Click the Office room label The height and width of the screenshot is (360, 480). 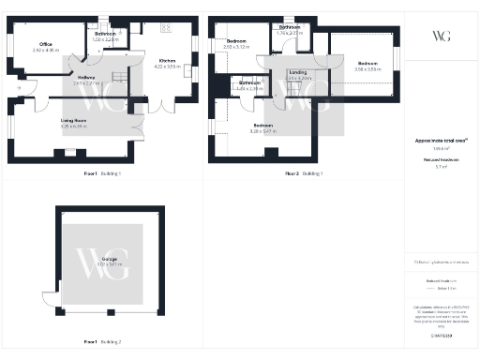tap(45, 43)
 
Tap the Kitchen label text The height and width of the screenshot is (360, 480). tap(167, 59)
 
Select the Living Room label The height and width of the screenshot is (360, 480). tap(73, 121)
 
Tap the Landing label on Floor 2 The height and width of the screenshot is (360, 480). tap(298, 72)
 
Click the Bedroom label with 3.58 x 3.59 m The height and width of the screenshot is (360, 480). tap(366, 65)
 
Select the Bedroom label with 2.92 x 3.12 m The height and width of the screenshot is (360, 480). tap(236, 41)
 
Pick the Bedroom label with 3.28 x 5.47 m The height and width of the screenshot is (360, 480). tap(262, 126)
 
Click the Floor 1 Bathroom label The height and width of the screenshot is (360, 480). tap(105, 35)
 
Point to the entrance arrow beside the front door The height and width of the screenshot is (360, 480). tap(20, 88)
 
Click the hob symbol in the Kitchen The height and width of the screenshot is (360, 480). tap(166, 24)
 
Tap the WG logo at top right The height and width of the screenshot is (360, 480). tap(441, 36)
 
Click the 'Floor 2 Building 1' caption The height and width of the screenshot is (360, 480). tap(304, 173)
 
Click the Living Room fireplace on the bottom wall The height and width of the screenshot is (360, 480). tap(70, 151)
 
